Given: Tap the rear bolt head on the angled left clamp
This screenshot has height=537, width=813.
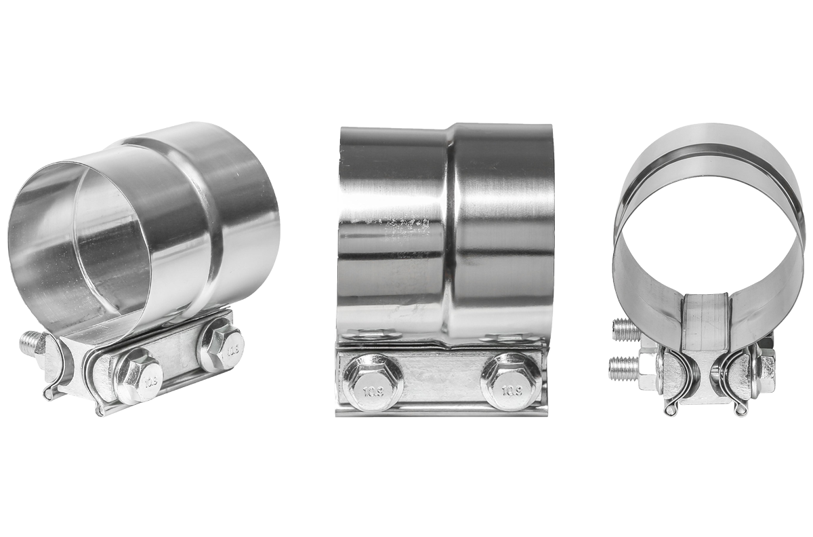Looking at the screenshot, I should (222, 347).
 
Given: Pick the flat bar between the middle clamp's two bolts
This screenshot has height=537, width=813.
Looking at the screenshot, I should (442, 380).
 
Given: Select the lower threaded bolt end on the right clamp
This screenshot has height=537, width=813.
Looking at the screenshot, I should (623, 368).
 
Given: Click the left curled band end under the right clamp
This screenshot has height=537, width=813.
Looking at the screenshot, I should (671, 410).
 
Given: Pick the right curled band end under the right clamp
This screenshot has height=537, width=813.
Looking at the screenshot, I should (741, 409).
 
